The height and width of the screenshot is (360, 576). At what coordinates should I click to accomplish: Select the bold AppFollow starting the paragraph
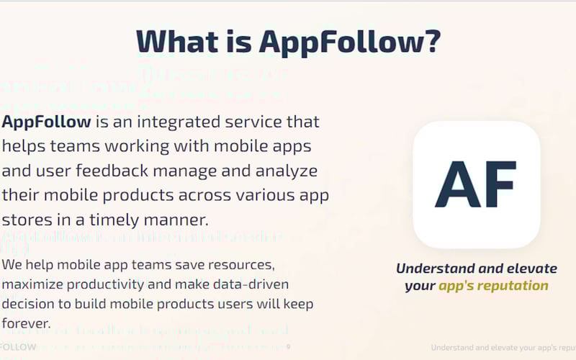click(46, 121)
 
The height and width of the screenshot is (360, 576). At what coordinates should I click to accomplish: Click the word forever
click(26, 324)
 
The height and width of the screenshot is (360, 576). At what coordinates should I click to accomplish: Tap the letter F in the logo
click(500, 184)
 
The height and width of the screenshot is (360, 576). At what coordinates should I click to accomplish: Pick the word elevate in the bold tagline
click(531, 269)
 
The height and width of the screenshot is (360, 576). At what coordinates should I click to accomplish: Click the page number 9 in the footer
click(289, 347)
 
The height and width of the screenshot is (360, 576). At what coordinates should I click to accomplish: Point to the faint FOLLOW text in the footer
click(18, 347)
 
